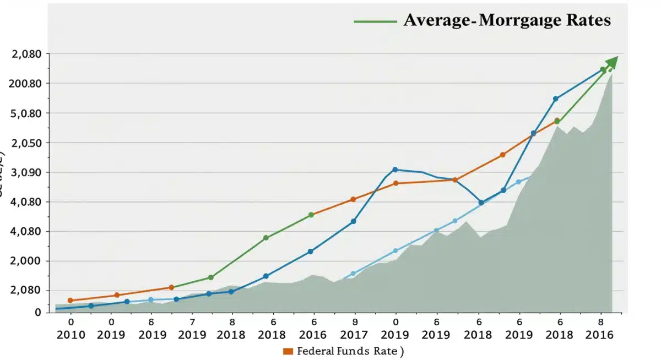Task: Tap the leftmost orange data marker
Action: point(70,301)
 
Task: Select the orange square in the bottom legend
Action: point(288,351)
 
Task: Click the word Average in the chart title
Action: point(438,20)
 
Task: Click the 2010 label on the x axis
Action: point(71,334)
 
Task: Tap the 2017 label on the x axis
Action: point(354,334)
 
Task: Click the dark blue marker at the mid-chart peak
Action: point(395,170)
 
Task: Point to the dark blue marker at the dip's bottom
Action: point(481,203)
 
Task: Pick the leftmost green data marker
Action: point(210,277)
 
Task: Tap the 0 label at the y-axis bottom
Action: point(37,312)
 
